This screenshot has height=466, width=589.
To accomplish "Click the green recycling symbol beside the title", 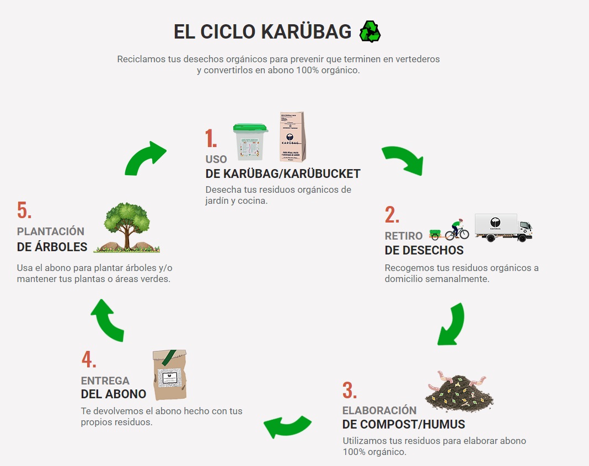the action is [x=370, y=31].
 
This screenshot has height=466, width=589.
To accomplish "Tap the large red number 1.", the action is [x=211, y=139].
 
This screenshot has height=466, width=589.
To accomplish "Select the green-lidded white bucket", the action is [x=250, y=142].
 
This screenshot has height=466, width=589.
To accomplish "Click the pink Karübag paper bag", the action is [x=292, y=137].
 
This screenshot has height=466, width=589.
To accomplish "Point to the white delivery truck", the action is [x=503, y=227].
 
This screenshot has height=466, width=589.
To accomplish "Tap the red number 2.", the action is [x=392, y=215].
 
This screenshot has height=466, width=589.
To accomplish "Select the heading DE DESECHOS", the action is [x=424, y=251].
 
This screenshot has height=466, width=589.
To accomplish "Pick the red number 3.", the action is [x=349, y=390].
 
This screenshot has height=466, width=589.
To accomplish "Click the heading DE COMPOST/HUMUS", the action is [x=403, y=424].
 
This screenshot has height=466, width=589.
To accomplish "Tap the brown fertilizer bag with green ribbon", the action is [x=169, y=375].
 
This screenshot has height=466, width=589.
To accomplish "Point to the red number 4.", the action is [x=88, y=360].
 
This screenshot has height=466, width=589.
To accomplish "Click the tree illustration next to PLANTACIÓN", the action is [x=127, y=227].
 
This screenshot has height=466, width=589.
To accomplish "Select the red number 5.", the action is [x=24, y=210].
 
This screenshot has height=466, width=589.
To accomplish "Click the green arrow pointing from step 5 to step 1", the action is [x=144, y=158].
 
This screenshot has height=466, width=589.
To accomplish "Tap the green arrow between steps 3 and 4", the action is [x=287, y=425].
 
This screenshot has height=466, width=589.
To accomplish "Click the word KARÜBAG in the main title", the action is [x=306, y=32].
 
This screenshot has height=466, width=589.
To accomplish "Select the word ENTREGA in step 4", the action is [x=105, y=381].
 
